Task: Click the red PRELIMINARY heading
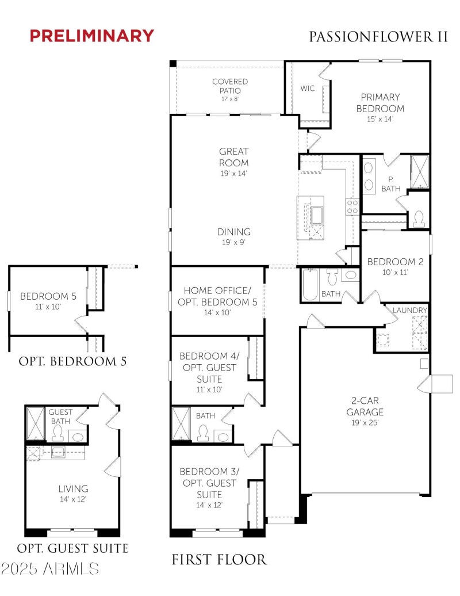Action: pos(92,36)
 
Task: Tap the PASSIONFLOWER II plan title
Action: pos(378,37)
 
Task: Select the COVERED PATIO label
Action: pos(230,86)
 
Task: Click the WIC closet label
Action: pos(307,88)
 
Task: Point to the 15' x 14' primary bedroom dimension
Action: pos(380,119)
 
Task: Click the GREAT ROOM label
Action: pos(234,157)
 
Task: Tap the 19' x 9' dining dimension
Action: pos(233,242)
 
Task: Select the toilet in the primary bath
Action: pos(419,219)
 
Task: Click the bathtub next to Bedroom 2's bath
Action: pos(310,284)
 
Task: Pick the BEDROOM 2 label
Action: pos(395,262)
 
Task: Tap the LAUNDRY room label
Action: pos(410,310)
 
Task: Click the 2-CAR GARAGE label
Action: pos(365,406)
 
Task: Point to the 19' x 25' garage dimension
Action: pos(365,423)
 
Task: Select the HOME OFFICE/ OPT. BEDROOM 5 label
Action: pos(217,296)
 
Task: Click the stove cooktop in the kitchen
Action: pos(352,207)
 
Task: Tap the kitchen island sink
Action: pos(316,216)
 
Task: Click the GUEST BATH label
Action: pos(60,417)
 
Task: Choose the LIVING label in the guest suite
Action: pos(73,488)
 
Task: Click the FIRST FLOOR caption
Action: pos(219,560)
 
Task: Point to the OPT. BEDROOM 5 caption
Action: pos(72,361)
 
